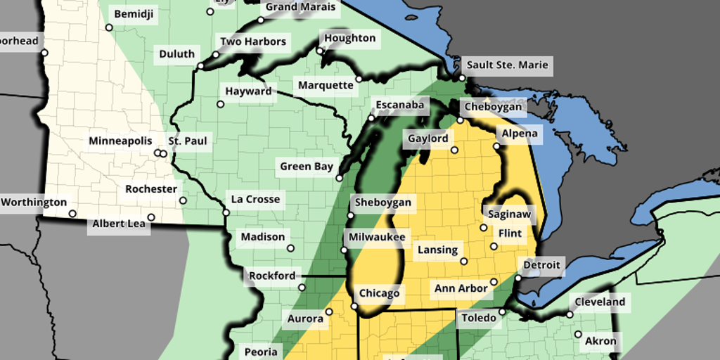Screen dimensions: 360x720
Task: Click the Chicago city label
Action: tap(379, 293)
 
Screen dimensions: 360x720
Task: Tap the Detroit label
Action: tap(541, 265)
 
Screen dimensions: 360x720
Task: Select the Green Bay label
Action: tap(306, 167)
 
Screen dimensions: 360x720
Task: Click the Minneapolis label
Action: tap(120, 141)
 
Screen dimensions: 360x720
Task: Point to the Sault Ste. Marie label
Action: tap(507, 65)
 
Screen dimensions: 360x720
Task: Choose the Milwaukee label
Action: tap(376, 237)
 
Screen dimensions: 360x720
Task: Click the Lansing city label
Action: tap(437, 250)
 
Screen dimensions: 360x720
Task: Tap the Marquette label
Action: tap(326, 86)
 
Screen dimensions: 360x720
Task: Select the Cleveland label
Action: tap(600, 302)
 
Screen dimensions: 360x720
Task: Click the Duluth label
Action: tap(176, 54)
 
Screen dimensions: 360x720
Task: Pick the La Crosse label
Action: tap(256, 199)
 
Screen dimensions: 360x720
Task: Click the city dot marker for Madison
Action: tap(290, 247)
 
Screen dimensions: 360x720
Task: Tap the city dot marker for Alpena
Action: tap(496, 146)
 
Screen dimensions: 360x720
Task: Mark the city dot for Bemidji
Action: tap(109, 28)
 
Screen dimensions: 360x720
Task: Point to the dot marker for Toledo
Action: tap(503, 311)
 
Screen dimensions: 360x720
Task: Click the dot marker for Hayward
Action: tap(220, 104)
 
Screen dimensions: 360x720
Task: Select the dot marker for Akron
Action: tap(578, 335)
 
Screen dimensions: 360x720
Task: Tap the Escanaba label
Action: tap(399, 105)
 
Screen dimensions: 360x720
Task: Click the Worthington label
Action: tap(34, 202)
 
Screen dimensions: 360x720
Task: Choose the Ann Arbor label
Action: tap(461, 288)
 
